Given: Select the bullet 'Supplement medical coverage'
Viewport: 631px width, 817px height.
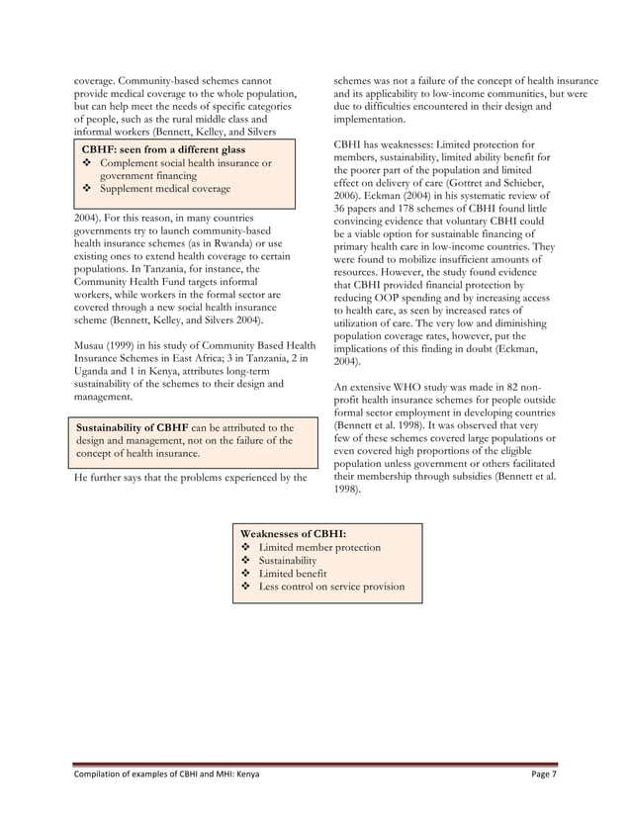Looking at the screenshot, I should click(165, 188).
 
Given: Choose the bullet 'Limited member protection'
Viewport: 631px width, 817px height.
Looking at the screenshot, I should click(318, 547).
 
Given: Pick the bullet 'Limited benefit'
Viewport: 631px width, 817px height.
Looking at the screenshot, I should click(292, 573).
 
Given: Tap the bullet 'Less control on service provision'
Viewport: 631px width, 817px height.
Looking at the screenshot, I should click(330, 587).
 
